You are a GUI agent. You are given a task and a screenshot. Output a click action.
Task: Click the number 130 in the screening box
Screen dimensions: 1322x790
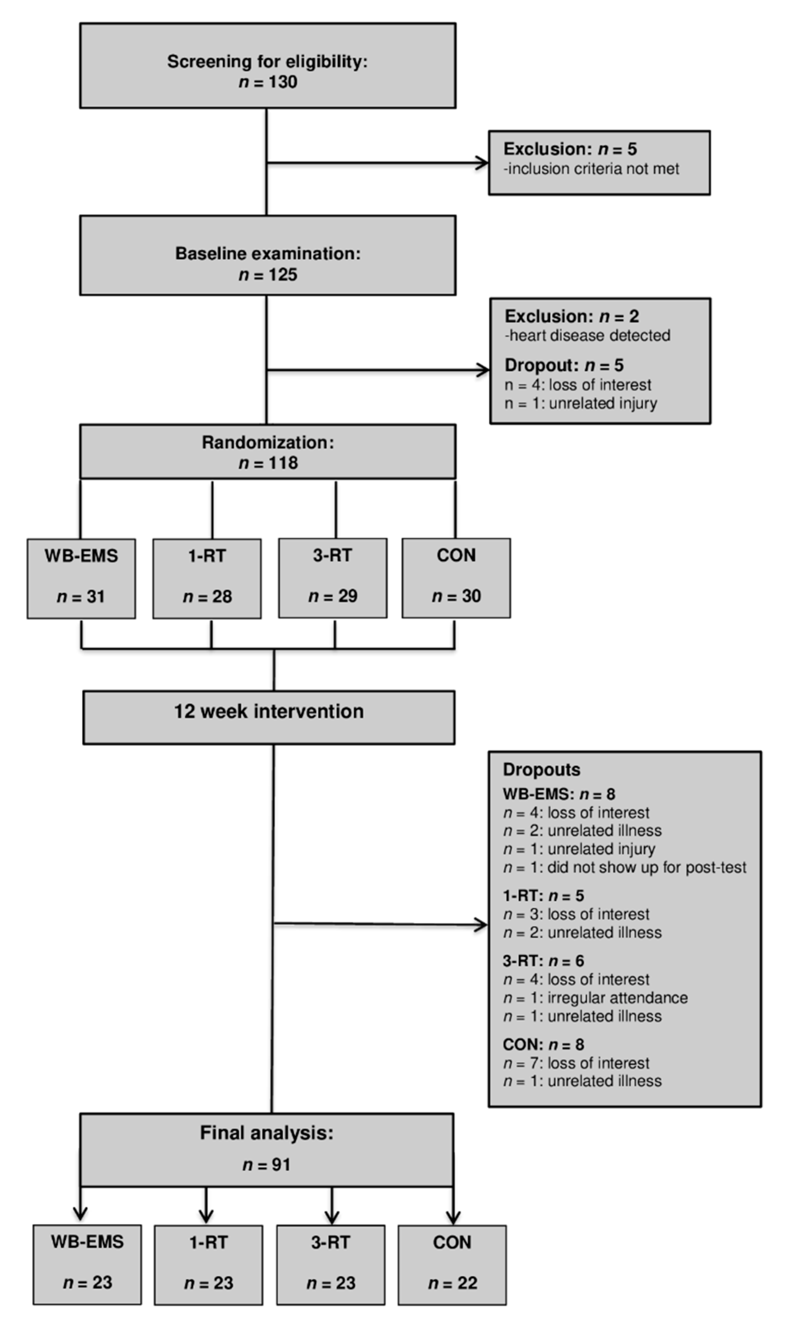click(x=283, y=82)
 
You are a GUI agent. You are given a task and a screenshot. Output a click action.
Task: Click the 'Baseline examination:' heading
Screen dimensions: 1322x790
click(x=268, y=253)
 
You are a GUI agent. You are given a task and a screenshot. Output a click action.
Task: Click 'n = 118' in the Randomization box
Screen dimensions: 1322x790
click(x=268, y=463)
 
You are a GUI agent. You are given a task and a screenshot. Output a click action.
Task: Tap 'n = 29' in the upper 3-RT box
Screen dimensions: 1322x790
click(x=333, y=596)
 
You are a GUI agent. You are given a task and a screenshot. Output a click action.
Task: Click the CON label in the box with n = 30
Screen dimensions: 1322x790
click(x=456, y=556)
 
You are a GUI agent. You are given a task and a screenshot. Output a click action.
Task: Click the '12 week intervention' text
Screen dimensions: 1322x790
click(x=269, y=712)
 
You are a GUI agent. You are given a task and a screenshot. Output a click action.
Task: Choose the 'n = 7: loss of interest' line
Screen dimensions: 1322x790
click(x=576, y=1063)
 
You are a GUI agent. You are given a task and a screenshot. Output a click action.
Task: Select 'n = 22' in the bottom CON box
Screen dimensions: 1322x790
click(x=452, y=1283)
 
